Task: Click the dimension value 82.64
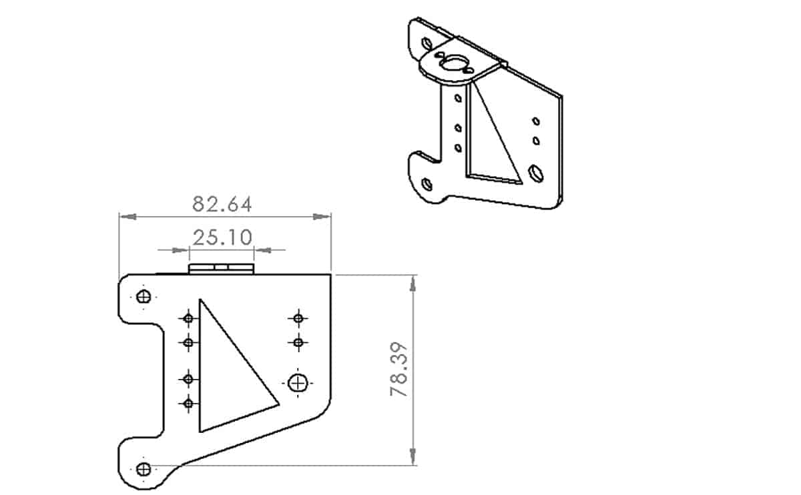[x=222, y=203]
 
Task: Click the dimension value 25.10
[x=222, y=237]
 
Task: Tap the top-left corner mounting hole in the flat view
[x=144, y=297]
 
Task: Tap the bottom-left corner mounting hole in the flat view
[x=144, y=469]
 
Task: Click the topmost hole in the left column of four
[x=188, y=318]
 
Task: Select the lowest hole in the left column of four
[x=188, y=403]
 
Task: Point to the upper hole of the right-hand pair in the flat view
[x=298, y=318]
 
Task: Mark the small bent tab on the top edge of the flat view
[x=222, y=268]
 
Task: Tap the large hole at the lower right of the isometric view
[x=535, y=173]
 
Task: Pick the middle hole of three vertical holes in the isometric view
[x=458, y=127]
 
